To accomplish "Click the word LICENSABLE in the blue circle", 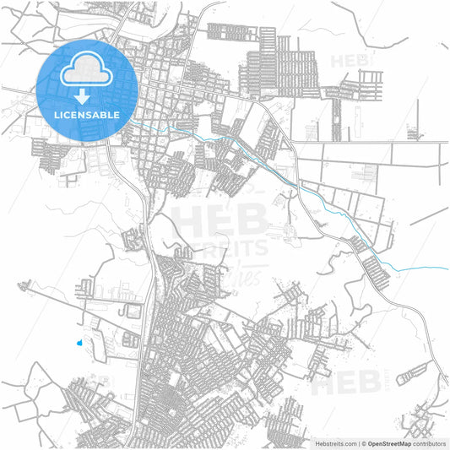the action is [87, 114].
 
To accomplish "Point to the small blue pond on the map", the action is [79, 343].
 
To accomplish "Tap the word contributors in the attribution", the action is [429, 443].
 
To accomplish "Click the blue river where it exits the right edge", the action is [444, 268].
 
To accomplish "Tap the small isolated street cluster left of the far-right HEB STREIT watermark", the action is [413, 370].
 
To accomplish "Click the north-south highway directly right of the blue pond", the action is [141, 342].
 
